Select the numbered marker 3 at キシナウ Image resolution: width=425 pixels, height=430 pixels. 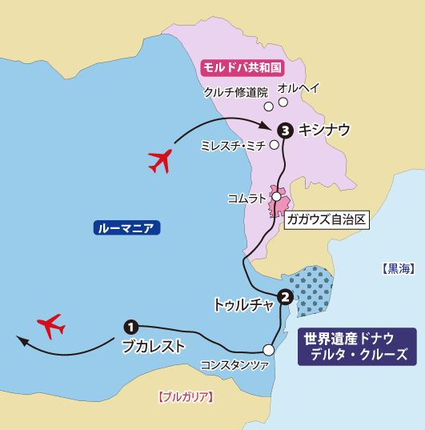[x=284, y=130]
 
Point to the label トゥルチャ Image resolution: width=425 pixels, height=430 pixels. [x=243, y=304]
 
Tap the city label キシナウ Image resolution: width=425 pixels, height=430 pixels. [x=323, y=130]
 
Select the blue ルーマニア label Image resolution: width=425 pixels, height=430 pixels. [x=127, y=228]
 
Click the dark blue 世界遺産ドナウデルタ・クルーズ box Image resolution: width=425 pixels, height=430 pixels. [x=357, y=347]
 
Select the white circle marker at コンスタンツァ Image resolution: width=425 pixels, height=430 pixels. [x=269, y=349]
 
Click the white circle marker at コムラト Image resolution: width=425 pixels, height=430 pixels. [x=276, y=196]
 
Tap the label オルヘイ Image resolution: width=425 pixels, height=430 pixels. [x=298, y=88]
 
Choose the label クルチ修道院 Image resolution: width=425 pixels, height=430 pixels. [x=235, y=92]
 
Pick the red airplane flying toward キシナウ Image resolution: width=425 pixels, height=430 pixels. [x=162, y=160]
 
